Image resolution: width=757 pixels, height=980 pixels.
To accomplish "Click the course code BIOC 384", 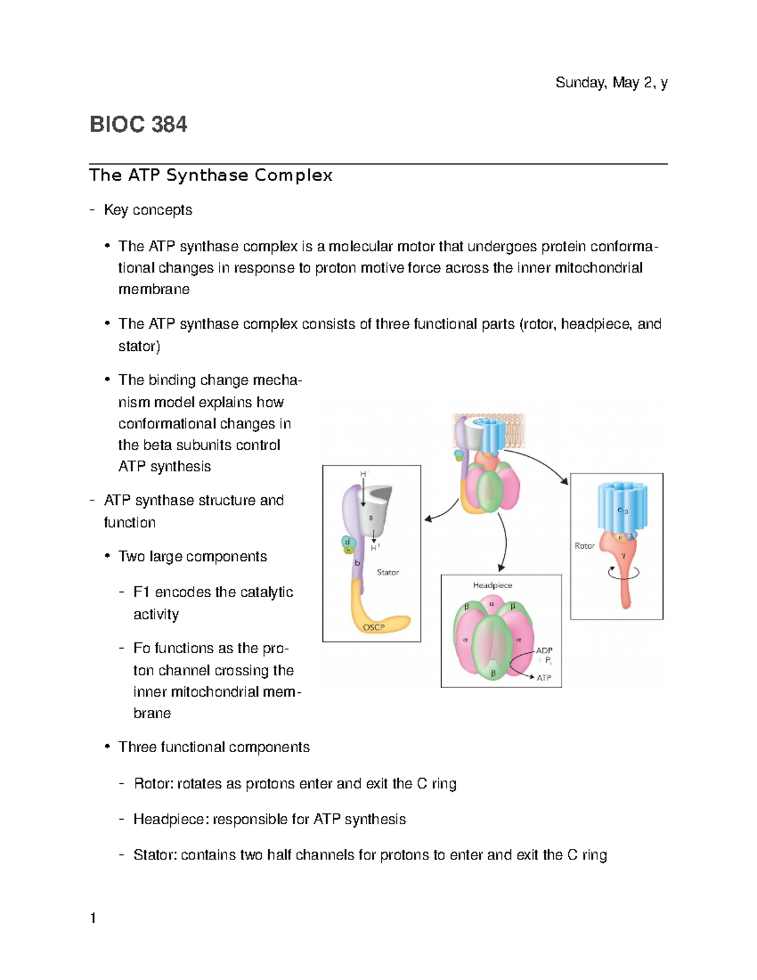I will [138, 124].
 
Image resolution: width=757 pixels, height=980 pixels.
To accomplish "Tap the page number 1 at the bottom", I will [93, 918].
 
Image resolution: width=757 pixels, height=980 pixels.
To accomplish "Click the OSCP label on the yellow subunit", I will [373, 627].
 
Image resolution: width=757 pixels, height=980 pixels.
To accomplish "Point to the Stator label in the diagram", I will [387, 572].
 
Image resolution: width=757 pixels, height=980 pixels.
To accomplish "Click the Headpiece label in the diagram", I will [493, 585].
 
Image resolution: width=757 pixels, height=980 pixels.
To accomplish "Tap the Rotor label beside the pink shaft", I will [584, 546].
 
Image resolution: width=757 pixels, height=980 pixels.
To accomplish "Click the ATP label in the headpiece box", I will [544, 678].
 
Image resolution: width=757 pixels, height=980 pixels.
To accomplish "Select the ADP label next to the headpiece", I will [544, 650].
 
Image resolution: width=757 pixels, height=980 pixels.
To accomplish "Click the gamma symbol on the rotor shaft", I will [623, 556].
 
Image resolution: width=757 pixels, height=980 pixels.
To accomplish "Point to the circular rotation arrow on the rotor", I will [623, 573].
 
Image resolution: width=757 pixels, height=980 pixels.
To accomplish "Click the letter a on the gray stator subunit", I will [371, 517].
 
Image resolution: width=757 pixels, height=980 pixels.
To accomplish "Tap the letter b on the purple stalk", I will [357, 563].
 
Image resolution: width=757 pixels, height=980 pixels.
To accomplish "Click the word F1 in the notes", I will [141, 592].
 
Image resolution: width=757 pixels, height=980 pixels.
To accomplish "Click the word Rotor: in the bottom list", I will [153, 784].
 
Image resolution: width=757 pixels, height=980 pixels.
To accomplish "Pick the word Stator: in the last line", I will [155, 855].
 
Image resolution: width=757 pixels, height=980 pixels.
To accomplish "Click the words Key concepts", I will [148, 210].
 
